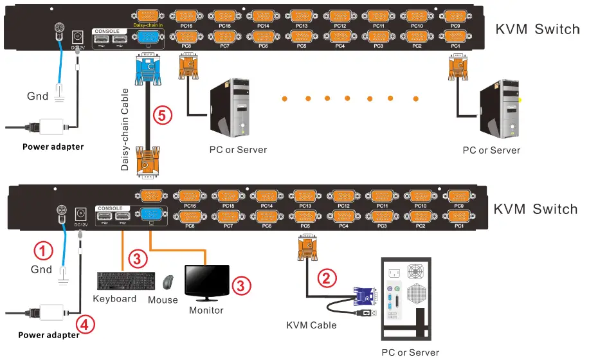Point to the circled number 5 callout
point(163,116)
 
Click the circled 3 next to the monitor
point(240,285)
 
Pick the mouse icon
point(168,283)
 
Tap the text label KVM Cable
point(311,325)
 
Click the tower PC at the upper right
point(500,109)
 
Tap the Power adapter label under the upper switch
point(53,147)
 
